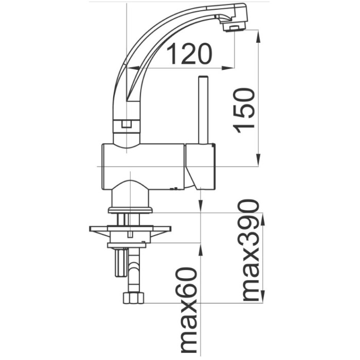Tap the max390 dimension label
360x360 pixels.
tap(250, 250)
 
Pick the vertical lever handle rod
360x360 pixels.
tap(202, 110)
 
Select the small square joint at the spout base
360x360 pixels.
tap(125, 124)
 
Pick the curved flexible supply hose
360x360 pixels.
tap(135, 273)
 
